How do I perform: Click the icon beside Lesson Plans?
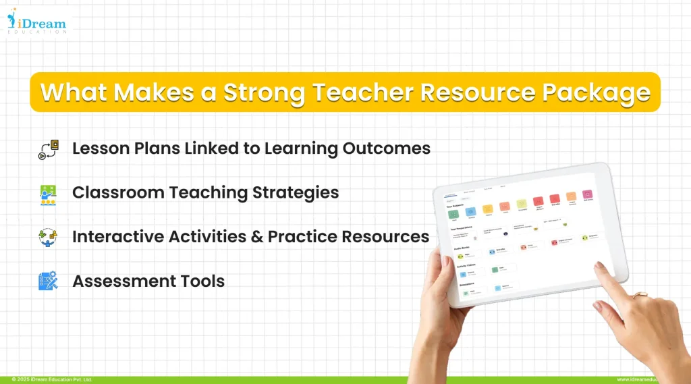click(x=49, y=149)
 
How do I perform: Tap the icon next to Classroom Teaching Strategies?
click(x=48, y=194)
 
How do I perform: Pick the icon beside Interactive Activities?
click(x=48, y=238)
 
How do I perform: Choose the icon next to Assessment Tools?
click(x=48, y=281)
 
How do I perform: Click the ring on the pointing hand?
click(x=639, y=296)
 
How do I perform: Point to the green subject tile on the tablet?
click(x=454, y=214)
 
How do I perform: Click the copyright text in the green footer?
click(x=51, y=380)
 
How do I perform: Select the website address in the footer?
click(x=652, y=380)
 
